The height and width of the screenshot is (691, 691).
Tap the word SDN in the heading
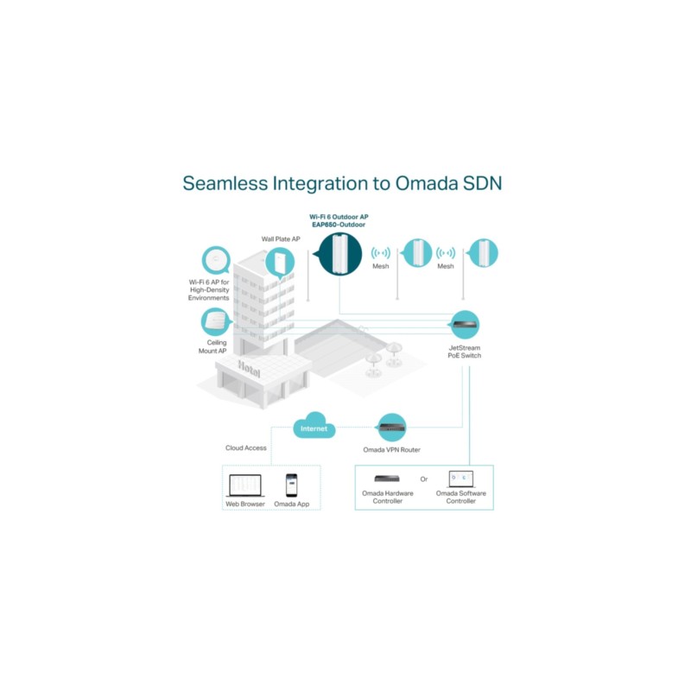[x=483, y=183]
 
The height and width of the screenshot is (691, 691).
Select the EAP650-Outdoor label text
[x=338, y=224]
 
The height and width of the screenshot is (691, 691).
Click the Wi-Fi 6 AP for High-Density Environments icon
[x=216, y=260]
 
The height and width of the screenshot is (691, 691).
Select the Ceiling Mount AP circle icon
[x=216, y=321]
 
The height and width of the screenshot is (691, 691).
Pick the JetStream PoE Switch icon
[x=465, y=325]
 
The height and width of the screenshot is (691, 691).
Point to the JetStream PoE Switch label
[x=465, y=352]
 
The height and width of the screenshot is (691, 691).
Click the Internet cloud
[x=314, y=428]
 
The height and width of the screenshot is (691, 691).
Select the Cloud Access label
[x=246, y=448]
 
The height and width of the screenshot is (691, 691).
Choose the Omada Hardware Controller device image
[x=388, y=479]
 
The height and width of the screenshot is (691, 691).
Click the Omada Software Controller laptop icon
[x=461, y=479]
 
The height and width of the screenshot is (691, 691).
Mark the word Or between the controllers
[x=423, y=479]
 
